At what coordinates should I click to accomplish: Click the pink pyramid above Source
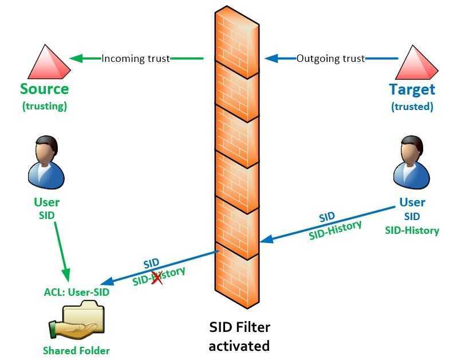pos(44,60)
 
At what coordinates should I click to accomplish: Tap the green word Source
pos(44,89)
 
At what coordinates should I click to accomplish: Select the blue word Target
pos(412,89)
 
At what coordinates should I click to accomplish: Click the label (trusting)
pos(44,106)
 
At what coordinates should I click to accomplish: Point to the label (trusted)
pos(412,107)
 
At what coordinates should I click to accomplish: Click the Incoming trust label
pos(136,58)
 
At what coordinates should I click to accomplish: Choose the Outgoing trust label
pos(330,58)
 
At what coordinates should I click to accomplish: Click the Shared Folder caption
pos(76,350)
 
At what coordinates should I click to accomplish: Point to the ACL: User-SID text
pos(76,292)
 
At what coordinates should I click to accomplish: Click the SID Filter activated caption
pos(239,336)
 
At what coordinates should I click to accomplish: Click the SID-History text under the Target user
pos(412,230)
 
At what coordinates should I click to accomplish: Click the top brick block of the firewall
pos(237,34)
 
